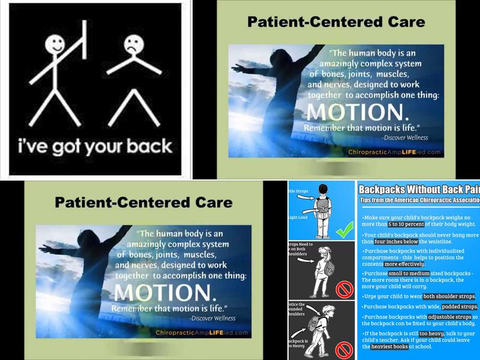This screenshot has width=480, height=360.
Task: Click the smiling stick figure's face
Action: click(x=55, y=44)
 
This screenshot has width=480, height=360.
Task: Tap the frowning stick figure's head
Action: click(x=132, y=44)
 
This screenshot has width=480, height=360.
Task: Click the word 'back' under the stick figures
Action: click(x=146, y=146)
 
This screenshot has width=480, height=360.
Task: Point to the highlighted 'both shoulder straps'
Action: click(x=448, y=296)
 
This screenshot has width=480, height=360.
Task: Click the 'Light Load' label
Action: click(x=299, y=218)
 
